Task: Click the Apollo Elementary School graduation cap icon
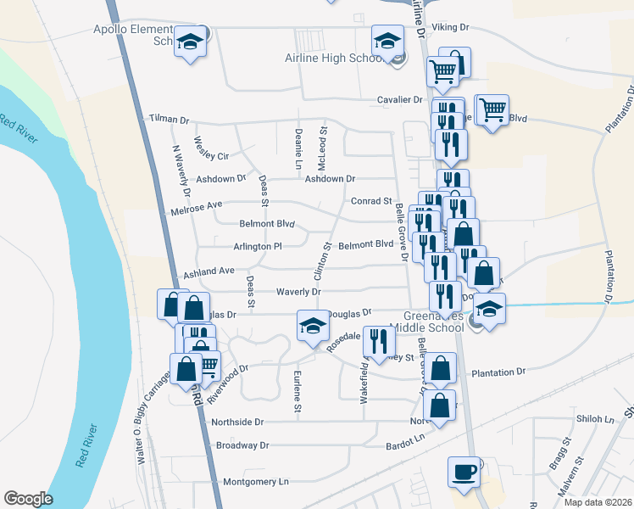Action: [191, 42]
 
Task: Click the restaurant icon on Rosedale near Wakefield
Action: [379, 340]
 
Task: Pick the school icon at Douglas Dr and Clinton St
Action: [312, 326]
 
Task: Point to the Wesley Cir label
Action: [211, 150]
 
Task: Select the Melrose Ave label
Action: [196, 205]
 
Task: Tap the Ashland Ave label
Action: [209, 271]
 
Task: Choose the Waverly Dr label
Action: [298, 292]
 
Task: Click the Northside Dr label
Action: [238, 422]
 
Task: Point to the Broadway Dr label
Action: [242, 445]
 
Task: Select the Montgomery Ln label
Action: [255, 482]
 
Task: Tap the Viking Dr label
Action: [450, 27]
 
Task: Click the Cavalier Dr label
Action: [399, 100]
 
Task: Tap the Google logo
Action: [29, 498]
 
